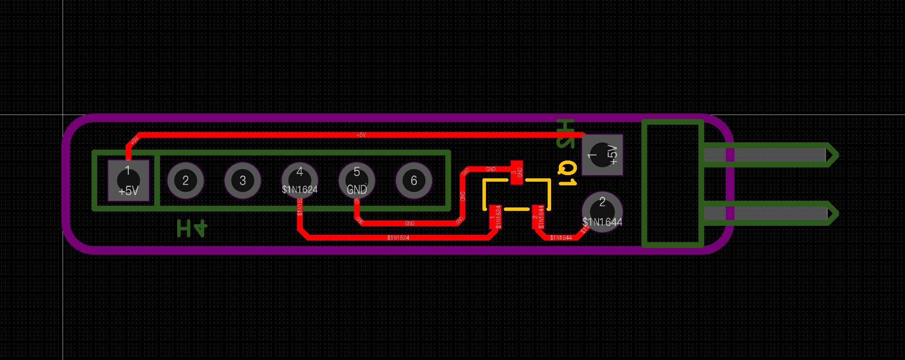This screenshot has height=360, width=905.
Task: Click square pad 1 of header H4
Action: pos(128,180)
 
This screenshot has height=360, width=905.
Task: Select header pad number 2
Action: pos(185,180)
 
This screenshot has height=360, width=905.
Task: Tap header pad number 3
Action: pos(243,180)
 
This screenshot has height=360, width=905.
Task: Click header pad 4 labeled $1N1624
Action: pos(299,180)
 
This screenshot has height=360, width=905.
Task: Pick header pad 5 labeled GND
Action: pos(357,180)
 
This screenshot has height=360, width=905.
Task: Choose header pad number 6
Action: pos(414,180)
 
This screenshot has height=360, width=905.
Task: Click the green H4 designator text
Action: pos(192,228)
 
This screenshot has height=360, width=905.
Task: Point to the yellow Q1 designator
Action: pos(567,173)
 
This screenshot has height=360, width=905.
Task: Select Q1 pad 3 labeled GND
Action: pos(517,172)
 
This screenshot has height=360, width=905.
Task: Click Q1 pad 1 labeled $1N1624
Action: pos(495,217)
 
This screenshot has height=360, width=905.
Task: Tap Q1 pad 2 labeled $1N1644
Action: pos(538,217)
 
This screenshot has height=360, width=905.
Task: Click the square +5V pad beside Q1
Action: pos(602,155)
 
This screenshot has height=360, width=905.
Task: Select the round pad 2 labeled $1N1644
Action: pos(602,212)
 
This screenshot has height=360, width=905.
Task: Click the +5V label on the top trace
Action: pos(361,135)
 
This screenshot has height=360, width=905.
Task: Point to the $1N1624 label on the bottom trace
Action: pos(398,238)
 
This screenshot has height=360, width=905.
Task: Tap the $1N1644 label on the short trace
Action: pos(561,238)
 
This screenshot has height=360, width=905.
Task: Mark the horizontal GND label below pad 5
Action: pos(410,223)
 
